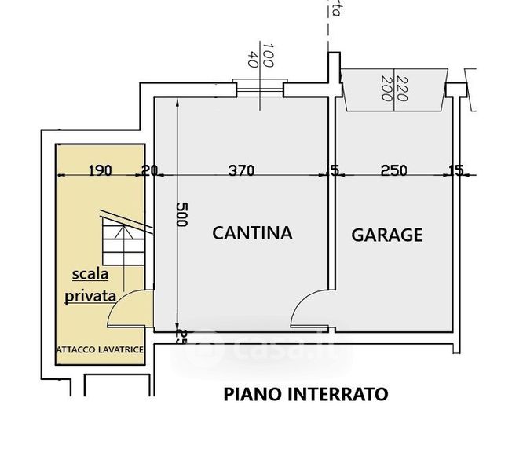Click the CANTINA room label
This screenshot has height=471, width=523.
tap(253, 232)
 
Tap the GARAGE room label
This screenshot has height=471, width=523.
tap(387, 234)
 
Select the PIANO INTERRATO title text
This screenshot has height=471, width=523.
tap(306, 394)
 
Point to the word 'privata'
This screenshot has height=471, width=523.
tap(91, 297)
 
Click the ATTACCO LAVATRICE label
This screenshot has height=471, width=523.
tap(99, 349)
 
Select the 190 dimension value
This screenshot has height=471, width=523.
tap(101, 170)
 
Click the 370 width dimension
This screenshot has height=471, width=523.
tap(243, 170)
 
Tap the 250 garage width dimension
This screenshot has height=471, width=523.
tap(395, 170)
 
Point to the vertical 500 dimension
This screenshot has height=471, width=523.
tap(182, 214)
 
